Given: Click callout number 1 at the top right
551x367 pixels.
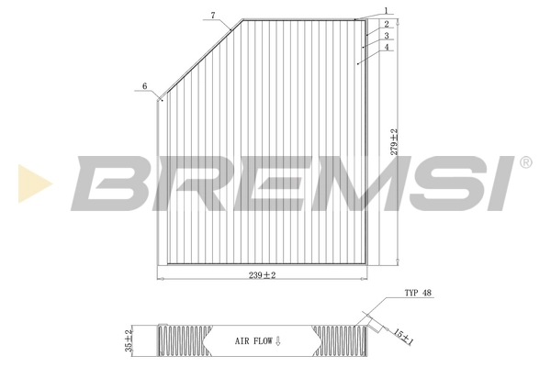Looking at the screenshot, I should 388,12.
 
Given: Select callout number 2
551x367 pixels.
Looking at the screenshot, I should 388,23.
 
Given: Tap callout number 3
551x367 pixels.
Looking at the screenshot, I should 388,35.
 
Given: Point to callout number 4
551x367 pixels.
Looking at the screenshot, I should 388,47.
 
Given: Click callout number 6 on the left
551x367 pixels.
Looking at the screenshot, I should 143,86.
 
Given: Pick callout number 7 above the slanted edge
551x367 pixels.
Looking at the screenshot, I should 212,16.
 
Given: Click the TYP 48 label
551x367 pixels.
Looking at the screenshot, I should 418,295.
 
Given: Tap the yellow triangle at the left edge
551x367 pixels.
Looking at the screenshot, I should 33,183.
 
